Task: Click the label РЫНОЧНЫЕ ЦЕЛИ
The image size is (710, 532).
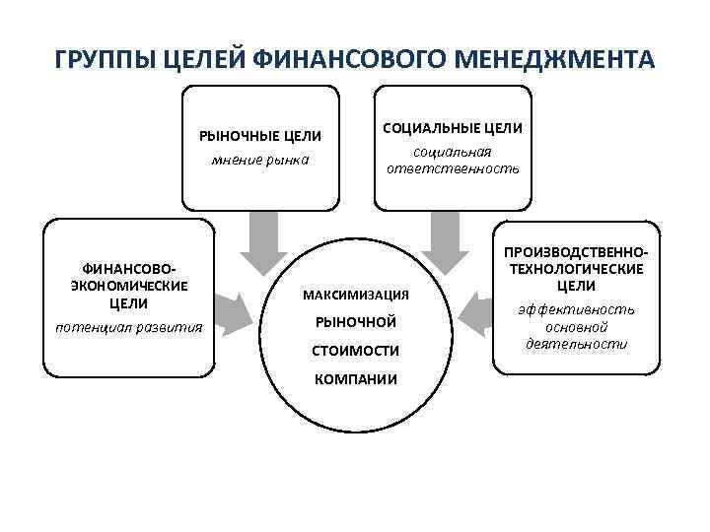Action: point(260,136)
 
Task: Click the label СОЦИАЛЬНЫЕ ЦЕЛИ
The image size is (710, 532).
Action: point(453,128)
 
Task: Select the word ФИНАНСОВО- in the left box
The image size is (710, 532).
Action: point(129,268)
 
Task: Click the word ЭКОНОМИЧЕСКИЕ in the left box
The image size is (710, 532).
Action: point(129,286)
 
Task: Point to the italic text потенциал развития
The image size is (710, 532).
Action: point(129,326)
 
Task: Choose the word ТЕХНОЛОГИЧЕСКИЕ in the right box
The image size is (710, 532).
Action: point(575,268)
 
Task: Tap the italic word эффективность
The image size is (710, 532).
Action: point(575,308)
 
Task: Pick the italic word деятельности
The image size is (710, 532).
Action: point(575,344)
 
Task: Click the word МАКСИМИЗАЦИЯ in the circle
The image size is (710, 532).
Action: point(356,296)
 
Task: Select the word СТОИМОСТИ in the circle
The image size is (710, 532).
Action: point(356,351)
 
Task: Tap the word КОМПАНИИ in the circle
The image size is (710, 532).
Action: point(356,378)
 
